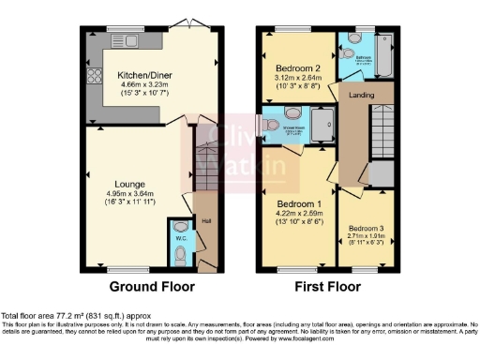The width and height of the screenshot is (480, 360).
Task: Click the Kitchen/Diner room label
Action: [141, 74]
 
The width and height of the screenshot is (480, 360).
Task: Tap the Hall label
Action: [206, 221]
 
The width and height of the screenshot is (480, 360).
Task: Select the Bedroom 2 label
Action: [298, 68]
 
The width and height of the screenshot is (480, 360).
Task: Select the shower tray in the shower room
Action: [322, 127]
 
